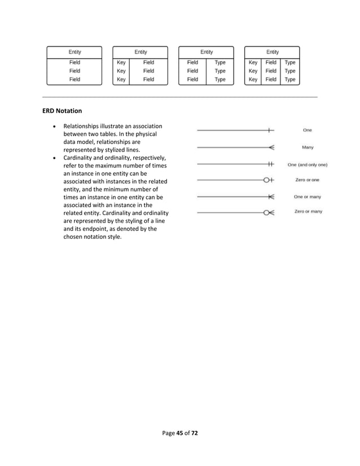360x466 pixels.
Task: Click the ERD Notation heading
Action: coord(62,111)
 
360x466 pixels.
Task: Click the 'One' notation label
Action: coord(307,130)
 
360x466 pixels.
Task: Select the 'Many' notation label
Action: coord(308,147)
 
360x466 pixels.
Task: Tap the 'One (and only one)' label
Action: coord(308,165)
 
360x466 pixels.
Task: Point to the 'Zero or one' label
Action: coord(308,180)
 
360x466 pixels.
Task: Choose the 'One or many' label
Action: coord(308,197)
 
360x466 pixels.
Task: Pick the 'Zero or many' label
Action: coord(308,212)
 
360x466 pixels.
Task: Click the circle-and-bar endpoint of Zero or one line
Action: coord(269,181)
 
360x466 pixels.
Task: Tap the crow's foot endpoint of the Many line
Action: coord(271,148)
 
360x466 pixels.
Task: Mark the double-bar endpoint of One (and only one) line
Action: coord(271,165)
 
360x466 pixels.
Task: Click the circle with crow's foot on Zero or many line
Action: coord(269,213)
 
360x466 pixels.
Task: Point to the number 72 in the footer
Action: coord(194,433)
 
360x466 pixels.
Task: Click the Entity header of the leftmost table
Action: coord(74,52)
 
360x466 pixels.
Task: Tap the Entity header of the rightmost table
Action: coord(273,52)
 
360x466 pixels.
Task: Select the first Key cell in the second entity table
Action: coord(121,63)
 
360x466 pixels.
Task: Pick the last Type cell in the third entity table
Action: coord(220,80)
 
